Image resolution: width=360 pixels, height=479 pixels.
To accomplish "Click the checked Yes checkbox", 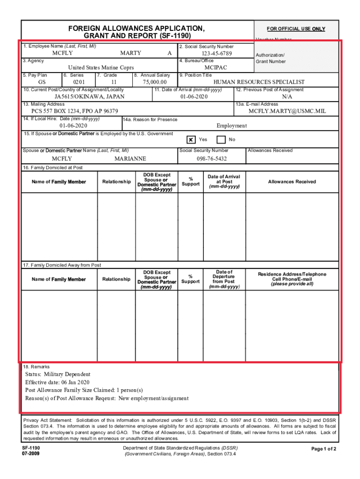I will (x=191, y=140).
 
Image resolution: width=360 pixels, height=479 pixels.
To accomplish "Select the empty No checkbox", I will (x=221, y=140).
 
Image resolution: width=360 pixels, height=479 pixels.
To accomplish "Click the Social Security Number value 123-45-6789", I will (x=213, y=53).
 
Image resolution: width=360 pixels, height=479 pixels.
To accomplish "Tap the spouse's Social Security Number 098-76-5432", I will (x=212, y=159).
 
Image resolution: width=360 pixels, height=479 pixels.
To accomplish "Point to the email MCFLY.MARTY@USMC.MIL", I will (x=287, y=111).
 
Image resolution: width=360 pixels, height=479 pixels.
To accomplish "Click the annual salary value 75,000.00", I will (x=154, y=82).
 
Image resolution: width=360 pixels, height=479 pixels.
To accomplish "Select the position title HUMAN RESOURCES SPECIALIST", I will (x=259, y=82).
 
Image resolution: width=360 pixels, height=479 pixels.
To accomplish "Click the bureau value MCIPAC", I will (x=216, y=68).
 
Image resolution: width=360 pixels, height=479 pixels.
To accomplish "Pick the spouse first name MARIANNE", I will (x=130, y=159).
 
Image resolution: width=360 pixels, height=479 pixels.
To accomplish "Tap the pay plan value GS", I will (x=42, y=82).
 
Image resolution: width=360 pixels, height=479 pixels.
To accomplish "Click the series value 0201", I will (x=79, y=82).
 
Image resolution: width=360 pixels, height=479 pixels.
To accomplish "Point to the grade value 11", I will (x=114, y=82).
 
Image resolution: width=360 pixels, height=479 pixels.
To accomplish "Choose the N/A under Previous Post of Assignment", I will (x=287, y=97).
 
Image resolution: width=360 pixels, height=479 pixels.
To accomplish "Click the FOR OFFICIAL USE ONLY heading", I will (x=296, y=29).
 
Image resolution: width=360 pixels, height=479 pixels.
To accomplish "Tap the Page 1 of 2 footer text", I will (x=324, y=449).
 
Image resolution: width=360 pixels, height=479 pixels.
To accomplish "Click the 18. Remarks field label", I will (x=36, y=367).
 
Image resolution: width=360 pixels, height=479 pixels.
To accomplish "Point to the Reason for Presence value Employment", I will (x=231, y=126).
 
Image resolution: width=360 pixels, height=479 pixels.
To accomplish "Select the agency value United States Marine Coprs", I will (x=101, y=68).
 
